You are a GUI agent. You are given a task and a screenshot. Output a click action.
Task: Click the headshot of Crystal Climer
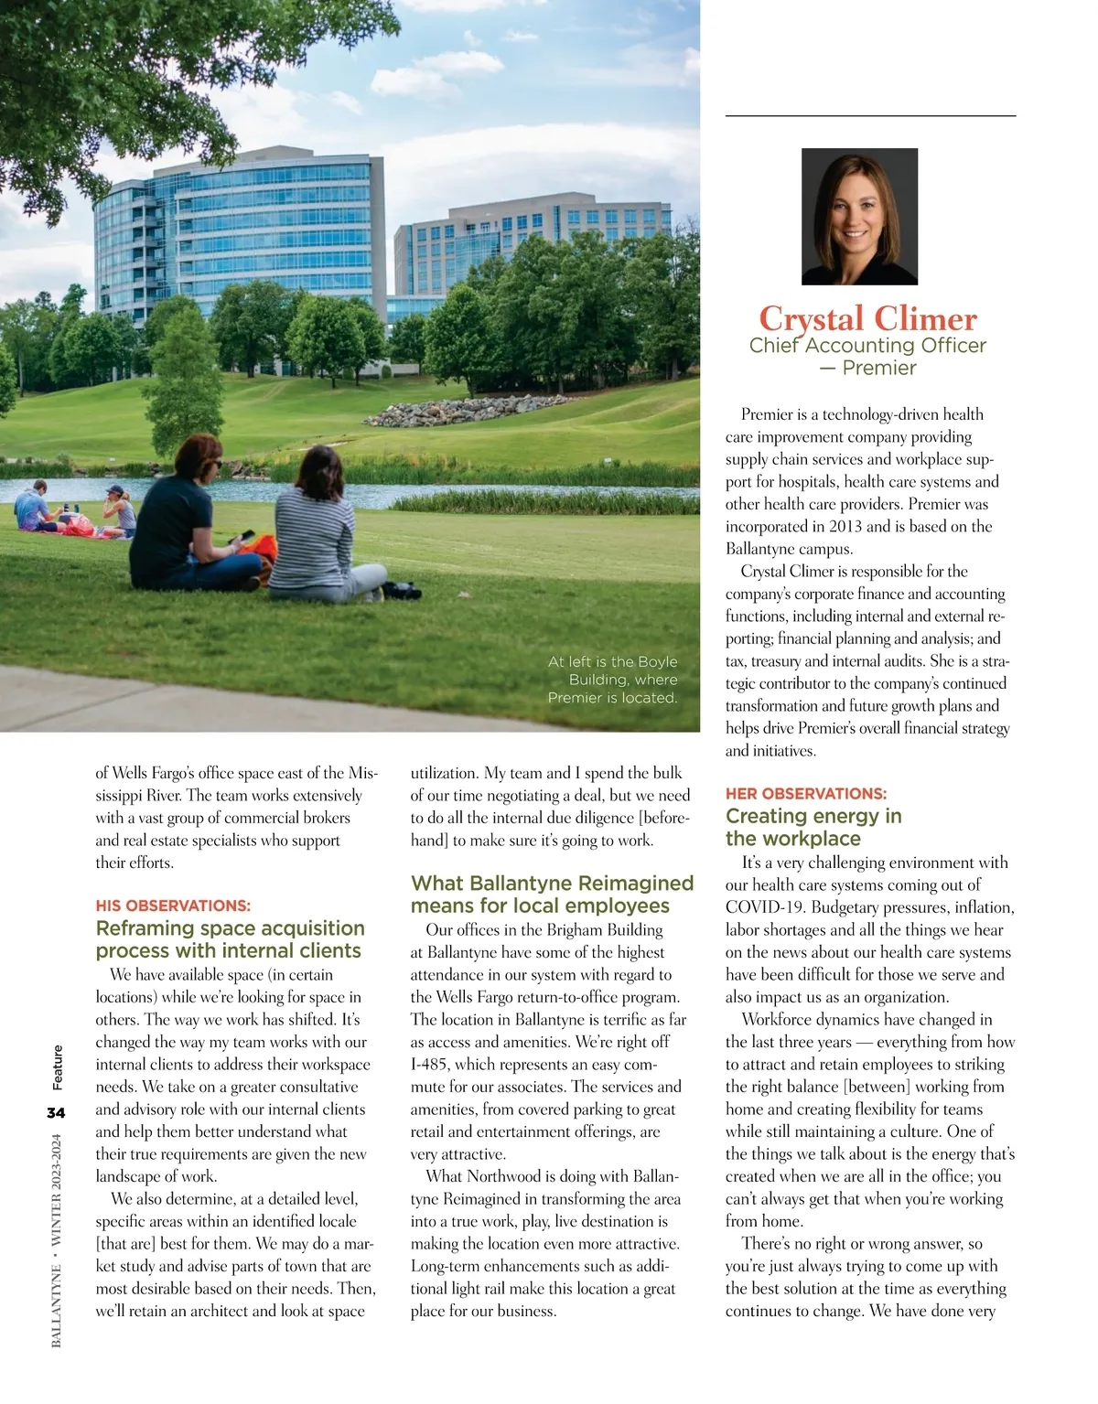tap(859, 216)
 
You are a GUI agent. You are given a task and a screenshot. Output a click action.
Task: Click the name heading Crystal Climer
tap(867, 318)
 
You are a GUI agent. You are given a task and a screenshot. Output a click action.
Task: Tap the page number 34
tap(57, 1112)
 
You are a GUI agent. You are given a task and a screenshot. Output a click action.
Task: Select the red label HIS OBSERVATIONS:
tap(173, 906)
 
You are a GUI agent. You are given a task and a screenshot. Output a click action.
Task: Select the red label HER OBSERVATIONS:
tap(805, 793)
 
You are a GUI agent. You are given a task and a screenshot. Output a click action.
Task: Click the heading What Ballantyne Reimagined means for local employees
tap(552, 894)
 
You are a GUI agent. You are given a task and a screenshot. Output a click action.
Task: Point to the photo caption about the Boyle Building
tap(612, 679)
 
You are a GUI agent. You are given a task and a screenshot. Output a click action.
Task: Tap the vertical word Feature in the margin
tap(58, 1067)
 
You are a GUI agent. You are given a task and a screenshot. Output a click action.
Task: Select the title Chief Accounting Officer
tap(867, 346)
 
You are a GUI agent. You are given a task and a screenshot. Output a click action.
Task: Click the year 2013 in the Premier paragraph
tap(845, 526)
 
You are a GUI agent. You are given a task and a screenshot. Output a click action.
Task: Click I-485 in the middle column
tap(430, 1064)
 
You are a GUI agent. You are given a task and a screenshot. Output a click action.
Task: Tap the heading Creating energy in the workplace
tap(813, 827)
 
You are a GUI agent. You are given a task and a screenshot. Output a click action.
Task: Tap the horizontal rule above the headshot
tap(870, 116)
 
